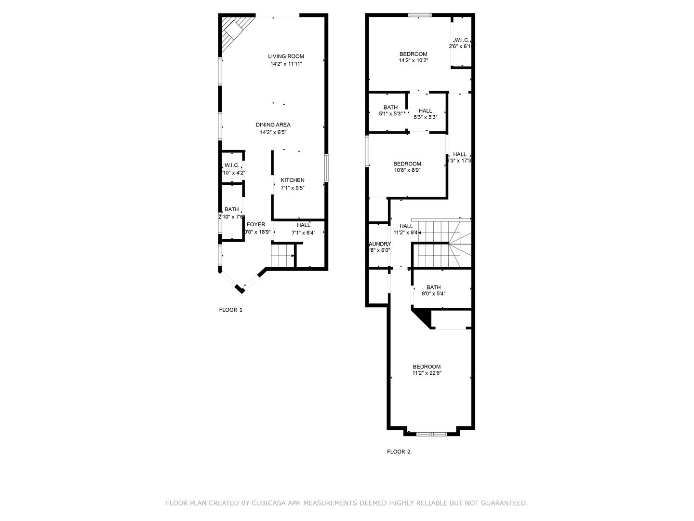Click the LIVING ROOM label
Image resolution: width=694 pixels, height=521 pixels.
[286, 56]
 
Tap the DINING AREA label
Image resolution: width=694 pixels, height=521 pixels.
[273, 125]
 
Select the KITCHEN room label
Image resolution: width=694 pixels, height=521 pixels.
[293, 180]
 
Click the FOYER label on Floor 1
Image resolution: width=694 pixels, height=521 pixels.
[256, 225]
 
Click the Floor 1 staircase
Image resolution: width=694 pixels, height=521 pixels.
[282, 256]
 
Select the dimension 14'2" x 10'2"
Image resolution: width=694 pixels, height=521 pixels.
[414, 61]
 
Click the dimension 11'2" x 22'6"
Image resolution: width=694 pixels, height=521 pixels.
[427, 373]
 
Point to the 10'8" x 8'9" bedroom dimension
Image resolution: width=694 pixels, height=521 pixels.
[407, 170]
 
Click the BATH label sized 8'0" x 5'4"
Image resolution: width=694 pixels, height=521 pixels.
[433, 288]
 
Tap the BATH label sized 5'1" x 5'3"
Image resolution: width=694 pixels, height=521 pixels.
[390, 108]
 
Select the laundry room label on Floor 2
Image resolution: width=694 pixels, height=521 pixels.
[379, 244]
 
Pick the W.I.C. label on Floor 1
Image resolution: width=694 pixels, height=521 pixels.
[232, 165]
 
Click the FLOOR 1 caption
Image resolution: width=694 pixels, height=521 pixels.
[231, 310]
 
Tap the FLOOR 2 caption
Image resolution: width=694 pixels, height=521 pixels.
[399, 452]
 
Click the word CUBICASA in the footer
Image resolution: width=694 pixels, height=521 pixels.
[268, 503]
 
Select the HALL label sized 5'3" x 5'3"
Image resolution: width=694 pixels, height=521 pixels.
[426, 111]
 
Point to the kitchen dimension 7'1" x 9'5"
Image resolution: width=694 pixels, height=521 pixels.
[293, 188]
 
